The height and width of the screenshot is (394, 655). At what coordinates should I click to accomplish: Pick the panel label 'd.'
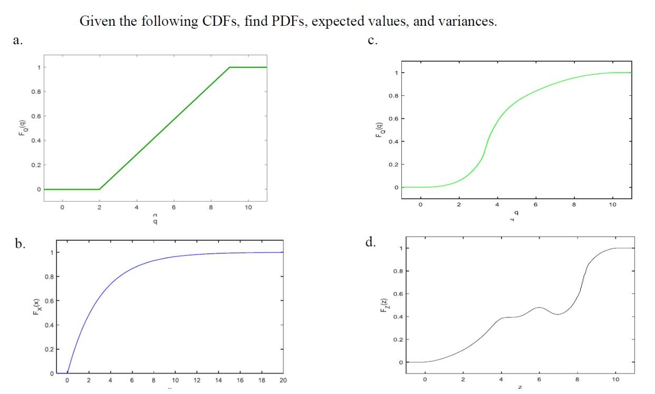(x=371, y=243)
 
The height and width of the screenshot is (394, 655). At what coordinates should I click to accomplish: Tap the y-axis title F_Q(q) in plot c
(x=379, y=130)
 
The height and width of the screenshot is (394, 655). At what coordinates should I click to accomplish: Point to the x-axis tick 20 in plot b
(x=283, y=380)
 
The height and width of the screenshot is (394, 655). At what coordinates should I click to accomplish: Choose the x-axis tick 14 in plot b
(x=218, y=380)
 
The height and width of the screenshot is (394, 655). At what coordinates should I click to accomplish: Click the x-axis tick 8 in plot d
(x=577, y=379)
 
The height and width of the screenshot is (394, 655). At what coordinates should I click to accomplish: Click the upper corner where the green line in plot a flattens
(x=229, y=67)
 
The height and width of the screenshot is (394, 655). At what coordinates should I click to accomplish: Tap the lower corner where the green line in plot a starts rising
(x=99, y=189)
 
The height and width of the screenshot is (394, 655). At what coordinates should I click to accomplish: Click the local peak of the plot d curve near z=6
(x=538, y=307)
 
